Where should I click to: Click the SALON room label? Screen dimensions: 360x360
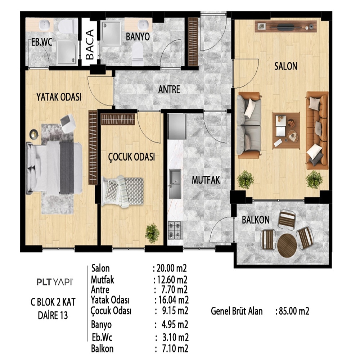[285, 66]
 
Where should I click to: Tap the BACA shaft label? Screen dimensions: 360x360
[90, 44]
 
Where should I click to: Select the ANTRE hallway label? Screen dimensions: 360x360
[169, 90]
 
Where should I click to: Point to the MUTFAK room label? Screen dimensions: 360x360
[206, 180]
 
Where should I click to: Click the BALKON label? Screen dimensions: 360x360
[256, 220]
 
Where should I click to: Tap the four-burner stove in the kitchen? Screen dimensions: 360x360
[175, 230]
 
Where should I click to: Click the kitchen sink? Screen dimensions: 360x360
[175, 184]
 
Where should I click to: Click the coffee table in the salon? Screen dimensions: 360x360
[286, 130]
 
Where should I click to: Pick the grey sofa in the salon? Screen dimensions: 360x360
[249, 125]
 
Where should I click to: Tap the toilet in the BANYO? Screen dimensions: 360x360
[138, 54]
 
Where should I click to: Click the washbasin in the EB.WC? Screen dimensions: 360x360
[43, 25]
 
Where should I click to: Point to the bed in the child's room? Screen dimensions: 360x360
[123, 191]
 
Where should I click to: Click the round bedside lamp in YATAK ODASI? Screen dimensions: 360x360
[34, 134]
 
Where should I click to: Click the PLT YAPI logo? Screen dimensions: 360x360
[55, 282]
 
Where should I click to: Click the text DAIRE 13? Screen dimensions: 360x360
[53, 315]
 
